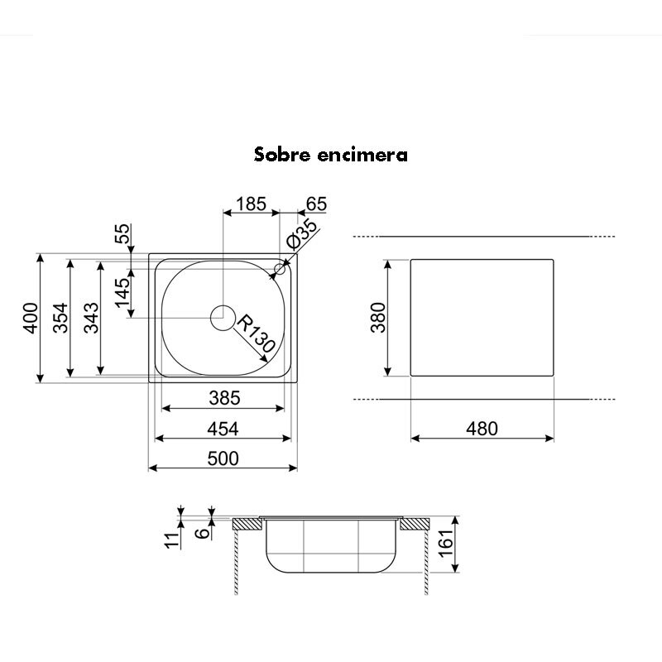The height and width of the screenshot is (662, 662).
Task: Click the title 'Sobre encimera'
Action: point(331,155)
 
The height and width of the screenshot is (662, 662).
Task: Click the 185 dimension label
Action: point(250,204)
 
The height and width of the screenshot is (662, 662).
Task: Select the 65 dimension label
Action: point(316,204)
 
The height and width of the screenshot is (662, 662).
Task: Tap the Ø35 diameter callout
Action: point(303,236)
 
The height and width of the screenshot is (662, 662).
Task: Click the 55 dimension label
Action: point(123,234)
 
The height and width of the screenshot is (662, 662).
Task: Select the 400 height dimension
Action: point(30,319)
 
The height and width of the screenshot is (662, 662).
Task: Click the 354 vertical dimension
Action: point(60,319)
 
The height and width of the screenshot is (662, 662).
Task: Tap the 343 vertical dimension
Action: point(91,319)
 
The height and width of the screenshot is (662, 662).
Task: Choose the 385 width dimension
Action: point(223,398)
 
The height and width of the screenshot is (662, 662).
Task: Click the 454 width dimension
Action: point(223,429)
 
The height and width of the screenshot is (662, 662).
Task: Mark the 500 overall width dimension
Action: point(223,458)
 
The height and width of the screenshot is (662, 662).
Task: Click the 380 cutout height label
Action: point(377,318)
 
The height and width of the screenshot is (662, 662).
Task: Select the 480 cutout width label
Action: point(482,429)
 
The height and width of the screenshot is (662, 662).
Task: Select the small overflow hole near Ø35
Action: point(280,269)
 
